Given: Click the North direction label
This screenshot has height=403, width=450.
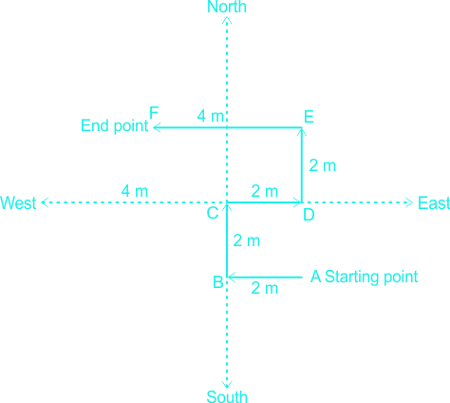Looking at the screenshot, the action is click(227, 7).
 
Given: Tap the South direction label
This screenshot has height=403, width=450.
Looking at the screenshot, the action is click(227, 396).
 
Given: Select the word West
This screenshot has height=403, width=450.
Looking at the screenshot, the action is click(18, 202).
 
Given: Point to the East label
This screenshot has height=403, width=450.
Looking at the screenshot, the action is click(434, 202).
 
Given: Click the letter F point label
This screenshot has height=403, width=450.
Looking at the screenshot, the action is click(154, 113).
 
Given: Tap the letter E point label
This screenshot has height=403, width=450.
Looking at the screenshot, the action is click(309, 117).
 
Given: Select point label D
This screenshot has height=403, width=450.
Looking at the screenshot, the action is click(309, 215).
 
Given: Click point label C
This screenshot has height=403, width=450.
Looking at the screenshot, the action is click(213, 213).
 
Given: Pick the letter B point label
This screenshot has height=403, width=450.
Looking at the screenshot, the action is click(218, 282).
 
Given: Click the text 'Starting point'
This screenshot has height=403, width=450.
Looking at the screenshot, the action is click(371, 277).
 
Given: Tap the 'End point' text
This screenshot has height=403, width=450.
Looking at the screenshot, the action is click(114, 125).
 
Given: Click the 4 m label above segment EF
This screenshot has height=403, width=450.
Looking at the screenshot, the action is click(210, 116).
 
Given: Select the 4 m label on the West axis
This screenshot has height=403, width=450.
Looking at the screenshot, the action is click(135, 191).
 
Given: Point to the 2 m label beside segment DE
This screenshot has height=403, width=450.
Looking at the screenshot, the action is click(322, 165).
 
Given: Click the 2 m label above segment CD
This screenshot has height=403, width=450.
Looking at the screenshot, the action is click(265, 191).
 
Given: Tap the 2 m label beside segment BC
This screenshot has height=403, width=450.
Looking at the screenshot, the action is click(247, 240).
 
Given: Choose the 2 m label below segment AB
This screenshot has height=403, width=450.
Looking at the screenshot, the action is click(265, 288).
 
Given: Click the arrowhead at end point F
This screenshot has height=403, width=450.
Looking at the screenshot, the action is click(157, 127).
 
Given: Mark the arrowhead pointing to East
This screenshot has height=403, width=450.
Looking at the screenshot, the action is click(409, 202).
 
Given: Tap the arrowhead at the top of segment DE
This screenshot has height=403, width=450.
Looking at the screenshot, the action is click(302, 132).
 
